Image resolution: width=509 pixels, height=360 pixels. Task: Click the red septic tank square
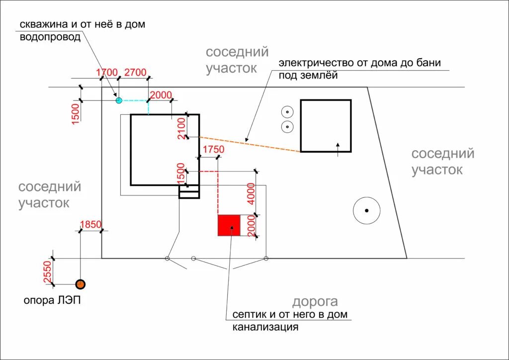pyautogui.click(x=229, y=225)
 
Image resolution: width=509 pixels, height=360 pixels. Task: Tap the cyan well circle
pyautogui.click(x=119, y=100)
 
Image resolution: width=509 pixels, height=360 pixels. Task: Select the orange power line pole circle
pyautogui.click(x=80, y=284)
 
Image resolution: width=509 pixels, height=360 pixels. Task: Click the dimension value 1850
pyautogui.click(x=90, y=224)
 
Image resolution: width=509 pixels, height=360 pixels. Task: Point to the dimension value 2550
pyautogui.click(x=48, y=272)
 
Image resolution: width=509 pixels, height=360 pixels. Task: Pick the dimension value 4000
pyautogui.click(x=251, y=193)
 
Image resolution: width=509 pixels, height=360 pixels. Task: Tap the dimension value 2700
pyautogui.click(x=135, y=73)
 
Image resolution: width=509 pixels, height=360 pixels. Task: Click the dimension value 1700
pyautogui.click(x=107, y=73)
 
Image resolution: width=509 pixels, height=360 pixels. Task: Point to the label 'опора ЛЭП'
pyautogui.click(x=52, y=300)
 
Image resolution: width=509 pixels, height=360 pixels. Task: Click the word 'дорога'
pyautogui.click(x=315, y=301)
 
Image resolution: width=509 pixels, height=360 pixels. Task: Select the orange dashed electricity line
pyautogui.click(x=249, y=144)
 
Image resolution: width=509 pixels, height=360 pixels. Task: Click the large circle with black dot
pyautogui.click(x=366, y=210)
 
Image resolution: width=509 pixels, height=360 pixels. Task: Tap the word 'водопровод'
pyautogui.click(x=50, y=37)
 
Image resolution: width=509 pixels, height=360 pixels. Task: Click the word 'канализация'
pyautogui.click(x=265, y=327)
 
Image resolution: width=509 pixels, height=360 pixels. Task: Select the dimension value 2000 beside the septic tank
pyautogui.click(x=251, y=227)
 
